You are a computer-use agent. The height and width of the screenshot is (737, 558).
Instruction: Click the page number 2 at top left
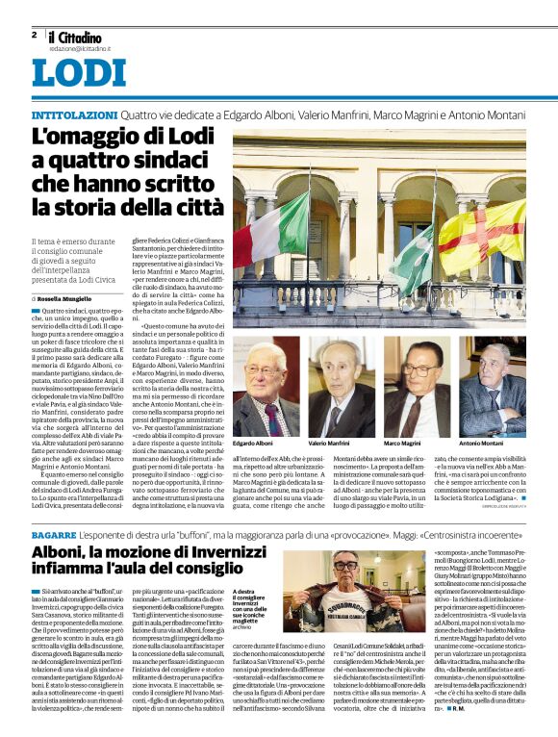[34, 35]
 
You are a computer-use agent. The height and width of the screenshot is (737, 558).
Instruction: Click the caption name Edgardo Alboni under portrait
[253, 443]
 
